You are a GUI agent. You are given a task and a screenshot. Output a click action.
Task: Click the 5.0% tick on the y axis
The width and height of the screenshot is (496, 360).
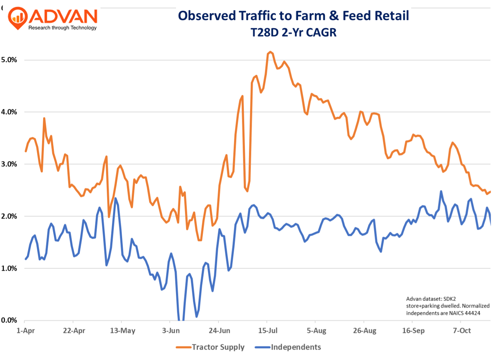click(10, 60)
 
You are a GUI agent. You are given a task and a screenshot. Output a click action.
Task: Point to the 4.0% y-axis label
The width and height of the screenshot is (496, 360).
click(10, 112)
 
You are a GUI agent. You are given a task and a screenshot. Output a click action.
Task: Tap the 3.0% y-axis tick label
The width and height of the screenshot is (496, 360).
click(10, 164)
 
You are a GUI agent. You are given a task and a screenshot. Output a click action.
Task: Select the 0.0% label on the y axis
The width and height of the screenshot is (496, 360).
click(10, 320)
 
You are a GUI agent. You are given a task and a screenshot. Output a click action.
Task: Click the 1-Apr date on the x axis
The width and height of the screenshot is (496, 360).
click(25, 331)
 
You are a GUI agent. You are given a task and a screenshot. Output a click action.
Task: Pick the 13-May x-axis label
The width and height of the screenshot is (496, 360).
click(122, 331)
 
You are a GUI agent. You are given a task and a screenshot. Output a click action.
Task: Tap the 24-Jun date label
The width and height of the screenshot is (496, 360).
click(220, 331)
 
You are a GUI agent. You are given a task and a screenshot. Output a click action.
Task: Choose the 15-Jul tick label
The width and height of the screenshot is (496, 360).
click(268, 331)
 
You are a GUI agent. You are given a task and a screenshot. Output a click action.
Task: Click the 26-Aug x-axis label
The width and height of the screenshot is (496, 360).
click(365, 331)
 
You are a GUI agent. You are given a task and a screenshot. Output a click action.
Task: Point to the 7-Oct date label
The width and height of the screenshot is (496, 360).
click(462, 331)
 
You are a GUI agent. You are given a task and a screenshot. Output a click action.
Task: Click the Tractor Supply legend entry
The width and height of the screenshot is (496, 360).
click(218, 347)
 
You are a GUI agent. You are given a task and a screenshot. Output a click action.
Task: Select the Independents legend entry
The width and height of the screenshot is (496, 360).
click(296, 347)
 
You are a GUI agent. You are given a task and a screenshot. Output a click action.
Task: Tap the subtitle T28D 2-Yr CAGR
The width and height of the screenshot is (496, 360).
click(294, 32)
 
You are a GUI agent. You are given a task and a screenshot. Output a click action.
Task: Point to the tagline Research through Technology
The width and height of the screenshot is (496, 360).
click(63, 28)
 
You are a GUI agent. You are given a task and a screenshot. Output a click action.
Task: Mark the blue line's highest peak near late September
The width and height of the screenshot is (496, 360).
click(441, 192)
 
